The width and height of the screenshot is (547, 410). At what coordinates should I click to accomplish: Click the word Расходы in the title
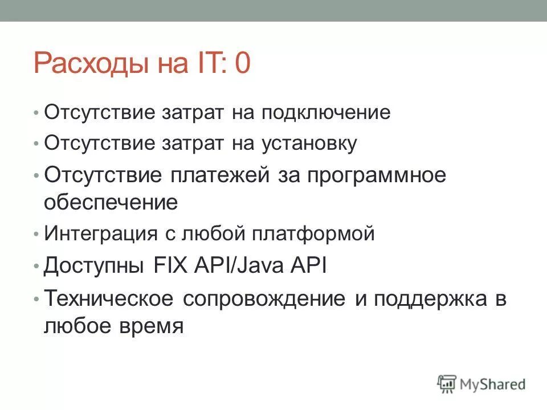pos(91,64)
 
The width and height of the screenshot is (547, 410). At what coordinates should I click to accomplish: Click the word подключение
pos(326,113)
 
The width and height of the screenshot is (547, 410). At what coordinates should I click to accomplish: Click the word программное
pos(377,175)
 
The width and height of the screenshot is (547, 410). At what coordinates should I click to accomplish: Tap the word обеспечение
pos(111,203)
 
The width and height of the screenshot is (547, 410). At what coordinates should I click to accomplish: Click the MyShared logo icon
pos(447,383)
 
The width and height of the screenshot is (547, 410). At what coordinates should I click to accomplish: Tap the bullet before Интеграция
pos(36,234)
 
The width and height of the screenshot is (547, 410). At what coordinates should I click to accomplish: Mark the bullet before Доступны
pos(36,266)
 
